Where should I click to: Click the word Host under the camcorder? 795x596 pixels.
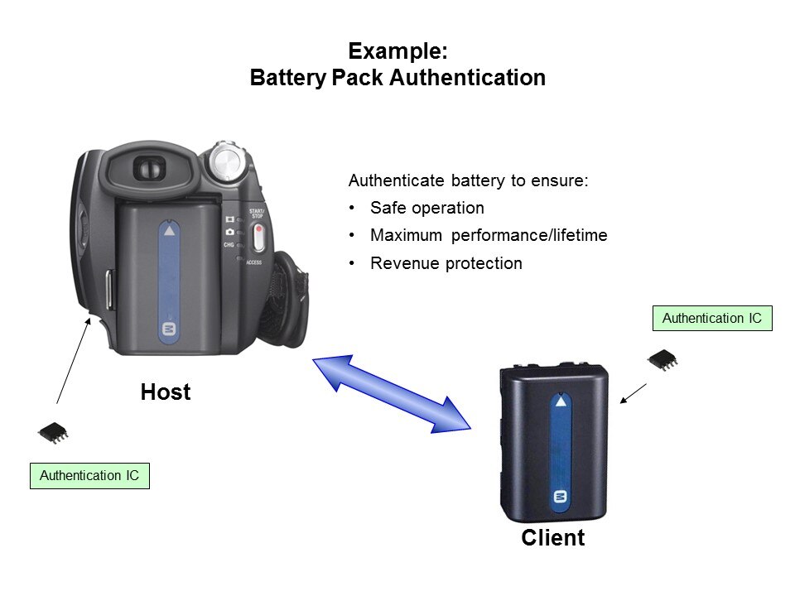[166, 392]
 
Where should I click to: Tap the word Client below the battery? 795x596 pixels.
[552, 538]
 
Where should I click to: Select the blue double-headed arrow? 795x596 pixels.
[391, 394]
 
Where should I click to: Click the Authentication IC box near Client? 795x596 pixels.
[712, 318]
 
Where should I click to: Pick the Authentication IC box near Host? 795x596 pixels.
[89, 475]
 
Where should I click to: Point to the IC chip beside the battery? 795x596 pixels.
[662, 359]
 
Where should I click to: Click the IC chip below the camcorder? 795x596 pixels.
[53, 431]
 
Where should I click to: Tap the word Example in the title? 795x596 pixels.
[397, 51]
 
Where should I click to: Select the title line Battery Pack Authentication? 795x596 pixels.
[397, 79]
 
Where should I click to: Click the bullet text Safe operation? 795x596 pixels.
[426, 208]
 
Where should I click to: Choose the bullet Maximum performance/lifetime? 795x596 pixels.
[489, 236]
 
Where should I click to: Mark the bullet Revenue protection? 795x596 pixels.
[446, 264]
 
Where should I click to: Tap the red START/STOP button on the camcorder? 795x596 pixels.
[258, 237]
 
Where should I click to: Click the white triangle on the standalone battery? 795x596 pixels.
[561, 403]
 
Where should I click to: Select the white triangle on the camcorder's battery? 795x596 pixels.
[170, 231]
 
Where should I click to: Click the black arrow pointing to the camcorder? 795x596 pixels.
[72, 360]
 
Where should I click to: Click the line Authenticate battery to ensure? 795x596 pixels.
[468, 180]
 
